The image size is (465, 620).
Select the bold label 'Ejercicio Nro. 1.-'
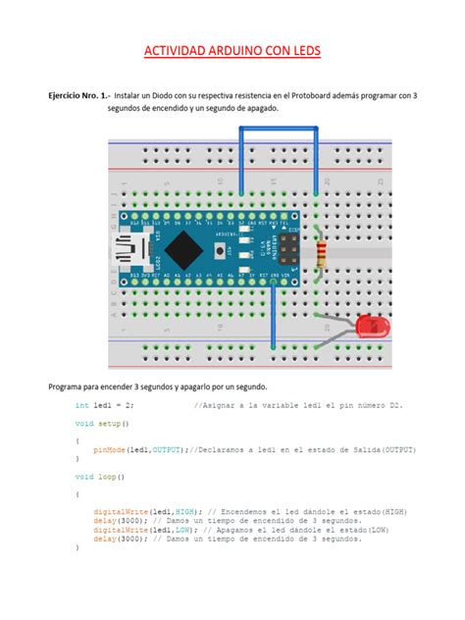click(72, 95)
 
